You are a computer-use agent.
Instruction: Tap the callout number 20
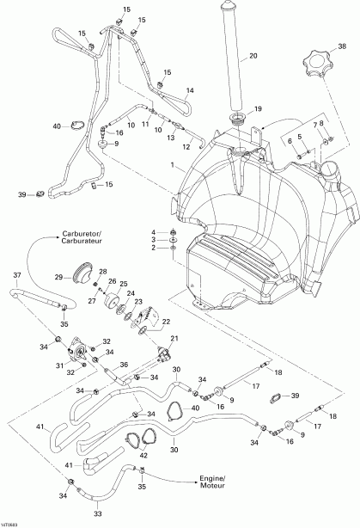click(x=253, y=58)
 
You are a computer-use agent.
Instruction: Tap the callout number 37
click(x=16, y=274)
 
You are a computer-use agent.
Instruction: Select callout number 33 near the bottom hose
click(x=97, y=513)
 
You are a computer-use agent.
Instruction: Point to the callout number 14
click(x=190, y=90)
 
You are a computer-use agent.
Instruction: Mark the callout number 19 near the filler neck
click(x=257, y=109)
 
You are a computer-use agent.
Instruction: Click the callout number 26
click(x=112, y=280)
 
